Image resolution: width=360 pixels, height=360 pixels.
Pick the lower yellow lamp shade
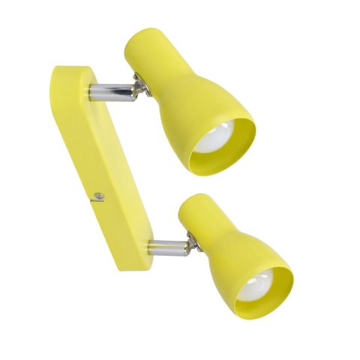pos(225,240)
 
